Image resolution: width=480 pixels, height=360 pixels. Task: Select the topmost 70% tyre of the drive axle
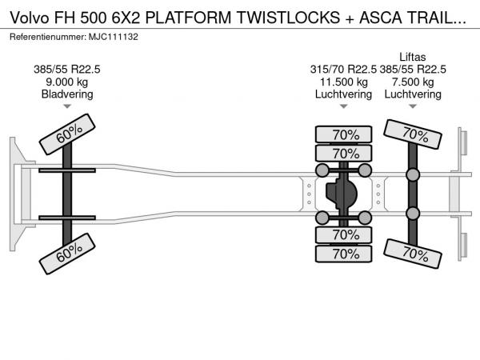point(344,134)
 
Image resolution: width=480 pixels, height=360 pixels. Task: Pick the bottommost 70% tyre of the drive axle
point(344,254)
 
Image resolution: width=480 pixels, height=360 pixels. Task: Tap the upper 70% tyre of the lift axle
point(413,134)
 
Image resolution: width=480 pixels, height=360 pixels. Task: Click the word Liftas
point(413,56)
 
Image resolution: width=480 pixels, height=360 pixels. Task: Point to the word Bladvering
point(67,94)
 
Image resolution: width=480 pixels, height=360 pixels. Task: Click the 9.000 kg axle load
point(67,82)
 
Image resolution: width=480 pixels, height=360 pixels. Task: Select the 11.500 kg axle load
point(344,82)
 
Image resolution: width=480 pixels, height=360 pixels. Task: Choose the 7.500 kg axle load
point(413,82)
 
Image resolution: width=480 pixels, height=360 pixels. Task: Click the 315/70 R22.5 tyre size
point(344,69)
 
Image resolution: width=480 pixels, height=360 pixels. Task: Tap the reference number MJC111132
point(115,38)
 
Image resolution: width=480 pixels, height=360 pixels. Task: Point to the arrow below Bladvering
point(67,106)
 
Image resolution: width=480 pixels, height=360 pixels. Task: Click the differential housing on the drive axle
point(344,194)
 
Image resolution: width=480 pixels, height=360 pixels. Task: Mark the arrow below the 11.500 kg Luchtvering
point(344,106)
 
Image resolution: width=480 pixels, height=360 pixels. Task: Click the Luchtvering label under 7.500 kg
point(413,94)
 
